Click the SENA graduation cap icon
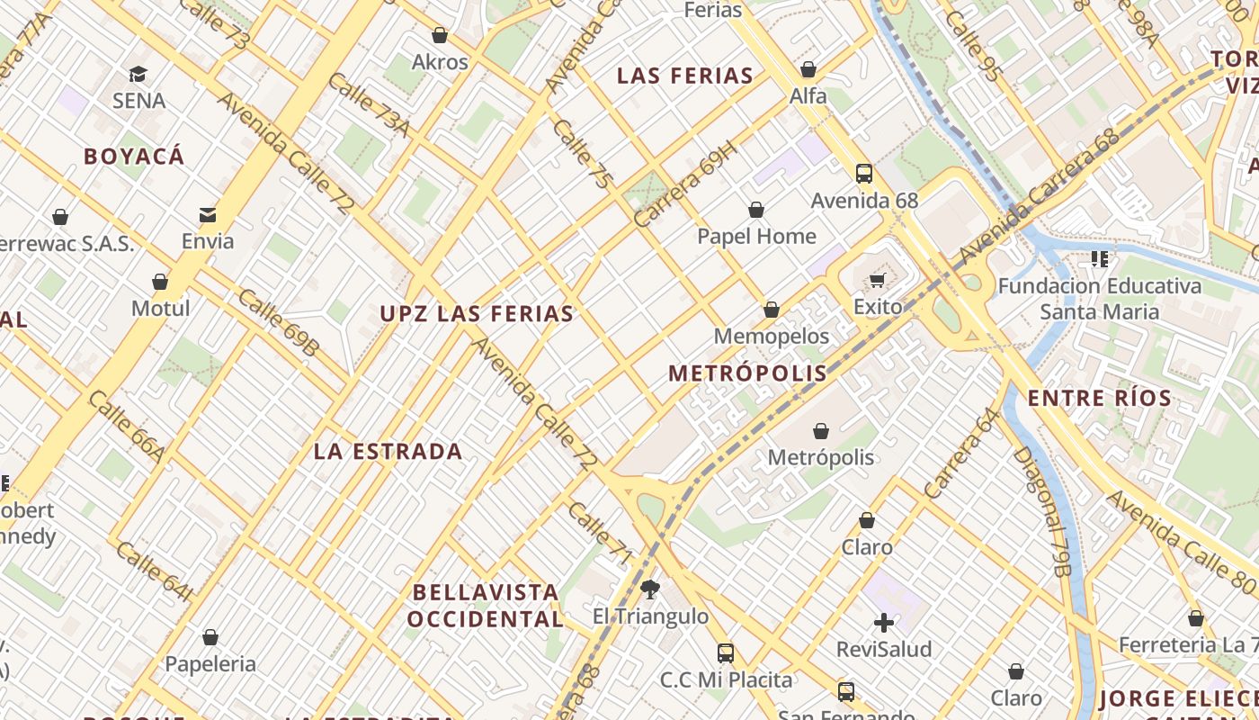(138, 74)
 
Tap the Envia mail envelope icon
(208, 214)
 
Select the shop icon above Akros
(440, 35)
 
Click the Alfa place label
(808, 95)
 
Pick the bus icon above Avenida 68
(863, 174)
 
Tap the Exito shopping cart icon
(877, 280)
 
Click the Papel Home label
(756, 237)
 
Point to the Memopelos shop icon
(771, 310)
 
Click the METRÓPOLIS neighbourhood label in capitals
(747, 373)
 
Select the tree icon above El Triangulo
(649, 590)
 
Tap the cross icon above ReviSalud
(884, 622)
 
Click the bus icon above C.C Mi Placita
(726, 653)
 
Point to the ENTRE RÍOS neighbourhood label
(1099, 398)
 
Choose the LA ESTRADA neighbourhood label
(388, 452)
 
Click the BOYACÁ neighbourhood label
(134, 157)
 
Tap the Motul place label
(160, 309)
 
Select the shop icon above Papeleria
(210, 637)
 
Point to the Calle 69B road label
(278, 322)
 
